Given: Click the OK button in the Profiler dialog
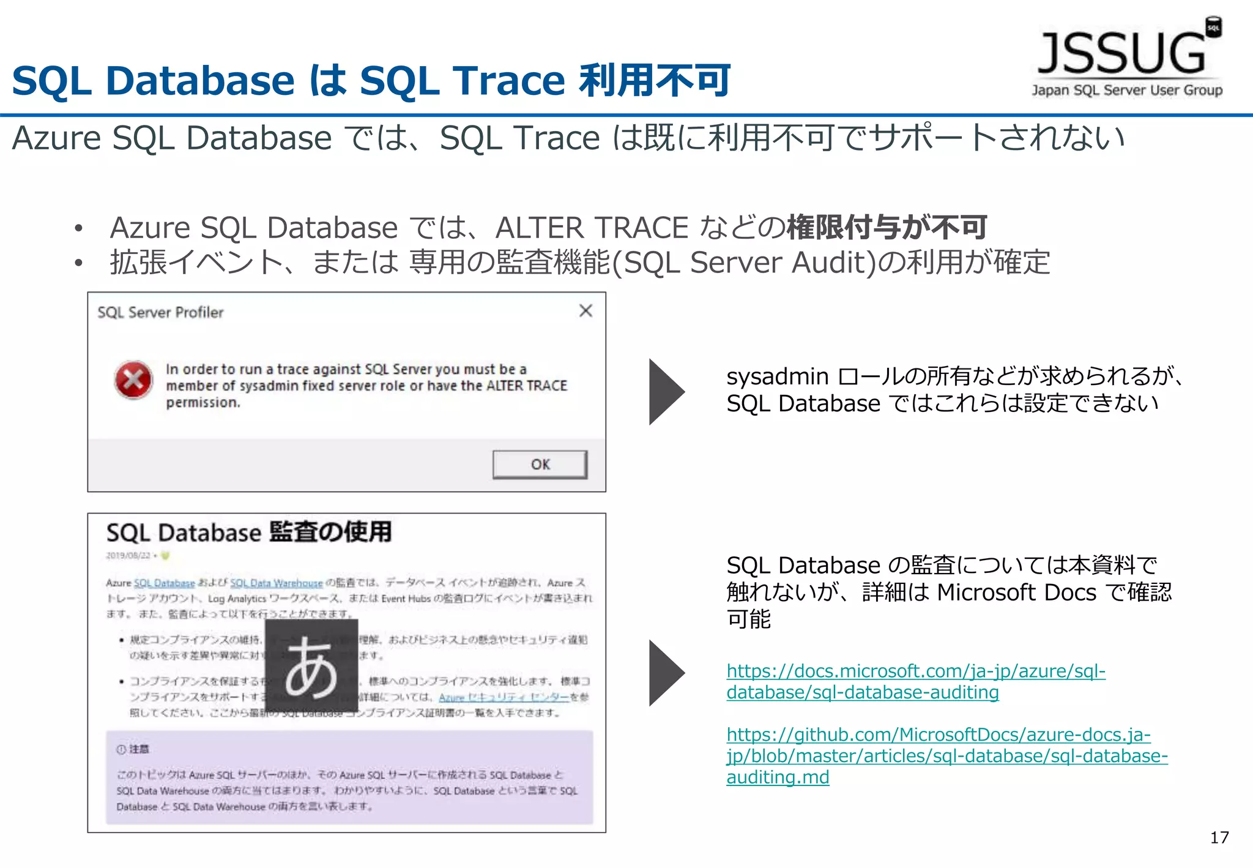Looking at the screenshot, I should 540,465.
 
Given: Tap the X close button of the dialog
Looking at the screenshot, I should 586,311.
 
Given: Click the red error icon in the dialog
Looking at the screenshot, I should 133,380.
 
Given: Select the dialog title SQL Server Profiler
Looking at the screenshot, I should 160,313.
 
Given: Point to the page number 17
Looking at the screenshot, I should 1219,838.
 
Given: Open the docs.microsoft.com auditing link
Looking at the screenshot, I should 915,681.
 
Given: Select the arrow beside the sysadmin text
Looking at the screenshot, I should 665,392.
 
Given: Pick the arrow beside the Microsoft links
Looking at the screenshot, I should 665,673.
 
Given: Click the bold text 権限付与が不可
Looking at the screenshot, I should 887,228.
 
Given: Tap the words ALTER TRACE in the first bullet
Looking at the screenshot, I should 592,228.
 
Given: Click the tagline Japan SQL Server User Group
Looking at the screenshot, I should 1127,91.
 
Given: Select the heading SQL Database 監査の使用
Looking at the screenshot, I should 248,532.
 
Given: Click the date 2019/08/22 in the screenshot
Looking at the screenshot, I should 128,556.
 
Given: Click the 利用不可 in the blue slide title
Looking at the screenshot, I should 655,80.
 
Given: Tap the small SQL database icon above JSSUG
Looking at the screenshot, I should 1213,28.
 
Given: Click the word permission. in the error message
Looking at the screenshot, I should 203,403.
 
